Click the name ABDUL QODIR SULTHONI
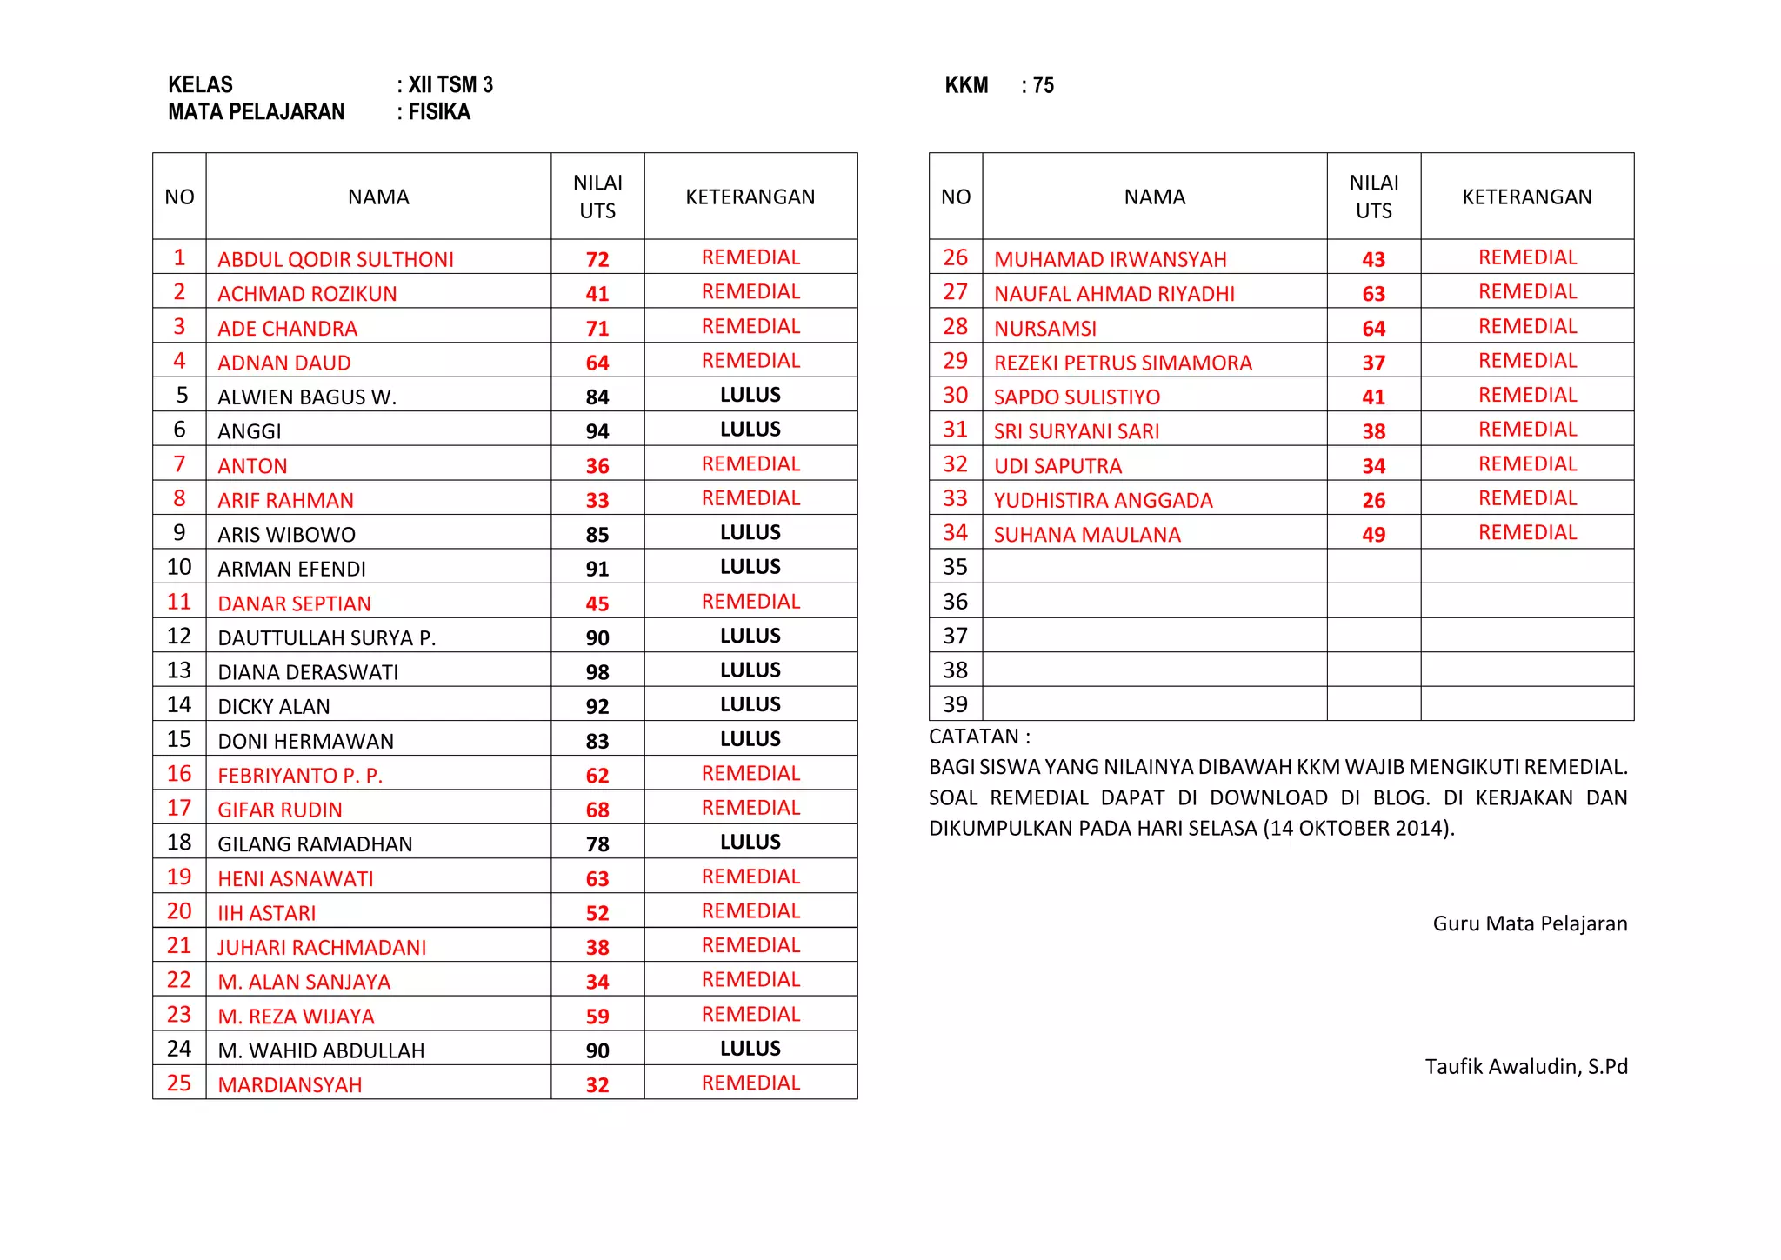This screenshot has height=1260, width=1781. pos(336,259)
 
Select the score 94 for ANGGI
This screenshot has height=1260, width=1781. pos(597,431)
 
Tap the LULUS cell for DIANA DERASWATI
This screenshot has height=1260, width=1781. pos(750,670)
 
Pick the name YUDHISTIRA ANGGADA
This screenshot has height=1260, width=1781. pos(1103,500)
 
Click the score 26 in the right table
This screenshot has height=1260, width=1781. pos(1373,500)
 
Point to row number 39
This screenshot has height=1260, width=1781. pos(955,704)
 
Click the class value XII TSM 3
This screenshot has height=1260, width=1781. pos(450,85)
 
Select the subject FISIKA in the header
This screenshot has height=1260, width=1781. pos(439,112)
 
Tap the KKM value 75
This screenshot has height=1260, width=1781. pos(1043,85)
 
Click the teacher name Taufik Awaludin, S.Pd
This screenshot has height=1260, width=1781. pos(1525,1067)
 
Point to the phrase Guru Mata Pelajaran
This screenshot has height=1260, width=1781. pos(1530,923)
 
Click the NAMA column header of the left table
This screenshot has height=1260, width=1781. pos(378,197)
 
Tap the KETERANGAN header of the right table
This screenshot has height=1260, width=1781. pos(1526,197)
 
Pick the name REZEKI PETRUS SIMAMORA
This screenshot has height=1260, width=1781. pos(1123,363)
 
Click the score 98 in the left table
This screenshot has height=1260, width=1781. pos(597,672)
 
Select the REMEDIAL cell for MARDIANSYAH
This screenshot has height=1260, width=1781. pos(750,1083)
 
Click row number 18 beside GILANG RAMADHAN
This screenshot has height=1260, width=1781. pos(179,843)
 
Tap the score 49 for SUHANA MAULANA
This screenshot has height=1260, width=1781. pos(1373,535)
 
